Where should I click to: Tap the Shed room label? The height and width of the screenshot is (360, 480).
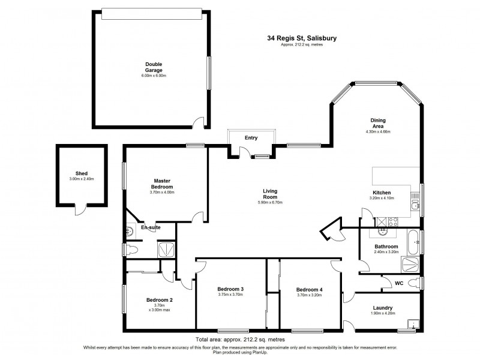pos(81,173)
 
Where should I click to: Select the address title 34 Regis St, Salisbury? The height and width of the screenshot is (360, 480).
pos(302,38)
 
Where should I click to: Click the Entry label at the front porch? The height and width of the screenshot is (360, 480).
pos(251,139)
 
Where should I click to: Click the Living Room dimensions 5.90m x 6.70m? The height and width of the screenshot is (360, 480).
pos(269,203)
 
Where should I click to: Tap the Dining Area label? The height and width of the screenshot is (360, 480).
pos(378,123)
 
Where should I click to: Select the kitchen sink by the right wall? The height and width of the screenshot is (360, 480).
pos(415,208)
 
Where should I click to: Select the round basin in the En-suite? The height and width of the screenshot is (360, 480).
pos(130,232)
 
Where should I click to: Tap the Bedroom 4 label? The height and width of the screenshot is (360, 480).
pos(310,289)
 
